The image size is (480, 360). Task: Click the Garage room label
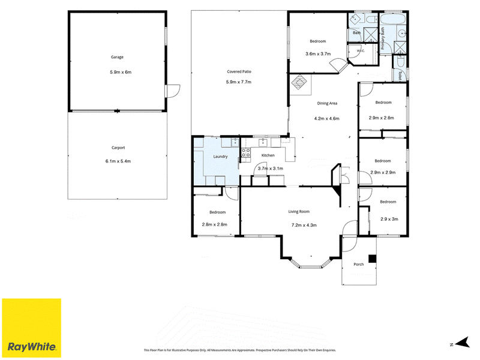click(x=117, y=57)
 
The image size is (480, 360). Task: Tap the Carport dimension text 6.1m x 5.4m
click(x=118, y=161)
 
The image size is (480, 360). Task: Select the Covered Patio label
click(x=239, y=71)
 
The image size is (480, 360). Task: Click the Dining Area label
click(x=327, y=103)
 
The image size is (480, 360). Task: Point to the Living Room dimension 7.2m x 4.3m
click(x=304, y=226)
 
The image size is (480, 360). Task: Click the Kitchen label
click(x=268, y=155)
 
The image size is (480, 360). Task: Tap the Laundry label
click(x=220, y=157)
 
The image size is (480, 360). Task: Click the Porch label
click(x=359, y=264)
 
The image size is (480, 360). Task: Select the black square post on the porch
click(x=372, y=259)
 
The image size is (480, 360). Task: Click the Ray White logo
click(x=32, y=328)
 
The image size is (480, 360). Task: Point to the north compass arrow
click(x=463, y=342)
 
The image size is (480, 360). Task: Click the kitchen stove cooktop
click(x=246, y=153)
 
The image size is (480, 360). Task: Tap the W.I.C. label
click(x=361, y=51)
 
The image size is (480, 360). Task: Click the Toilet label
click(x=400, y=76)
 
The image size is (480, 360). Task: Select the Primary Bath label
click(x=383, y=38)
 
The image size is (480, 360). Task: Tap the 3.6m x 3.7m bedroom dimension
click(x=318, y=54)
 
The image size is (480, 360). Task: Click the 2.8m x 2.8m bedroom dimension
click(x=215, y=224)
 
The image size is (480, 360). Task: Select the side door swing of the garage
click(x=173, y=91)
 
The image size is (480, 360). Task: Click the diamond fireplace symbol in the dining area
click(x=299, y=82)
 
